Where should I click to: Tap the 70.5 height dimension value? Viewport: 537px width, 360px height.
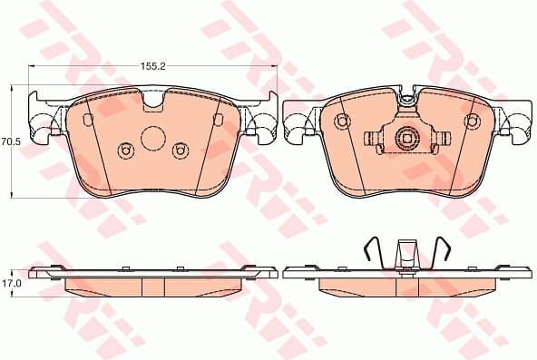click(11, 141)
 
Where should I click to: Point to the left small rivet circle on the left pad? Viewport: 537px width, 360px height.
click(125, 150)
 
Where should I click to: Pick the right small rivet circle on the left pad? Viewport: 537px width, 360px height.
click(179, 150)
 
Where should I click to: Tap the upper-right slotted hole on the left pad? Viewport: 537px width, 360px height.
click(217, 121)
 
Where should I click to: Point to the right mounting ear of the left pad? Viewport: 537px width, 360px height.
click(263, 124)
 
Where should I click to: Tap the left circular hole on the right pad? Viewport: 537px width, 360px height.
click(343, 122)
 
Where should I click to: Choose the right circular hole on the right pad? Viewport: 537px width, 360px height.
click(472, 122)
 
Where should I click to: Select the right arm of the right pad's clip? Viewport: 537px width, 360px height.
click(441, 139)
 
